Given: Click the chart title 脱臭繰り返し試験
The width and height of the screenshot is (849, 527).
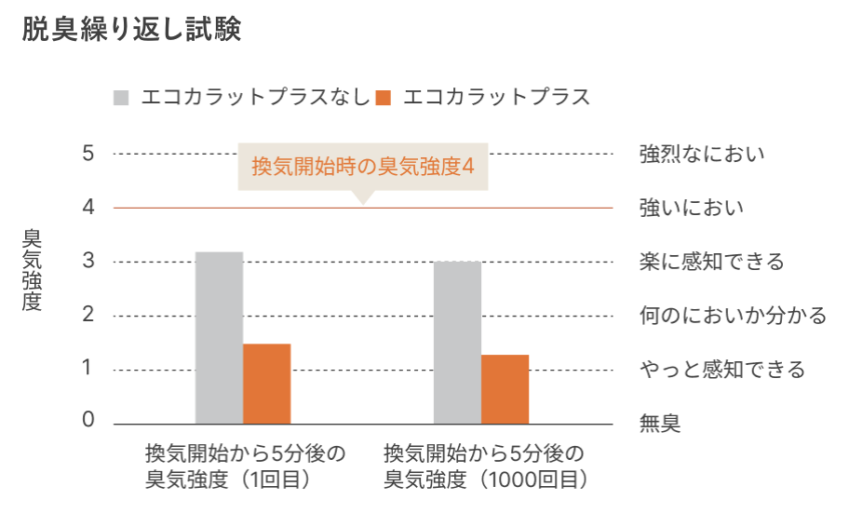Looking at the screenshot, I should tap(131, 30).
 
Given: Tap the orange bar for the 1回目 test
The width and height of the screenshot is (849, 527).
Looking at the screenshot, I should tap(267, 384).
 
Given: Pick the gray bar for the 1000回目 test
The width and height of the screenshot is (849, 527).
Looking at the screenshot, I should tap(457, 343).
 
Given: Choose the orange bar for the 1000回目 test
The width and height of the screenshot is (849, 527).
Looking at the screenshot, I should tap(505, 389).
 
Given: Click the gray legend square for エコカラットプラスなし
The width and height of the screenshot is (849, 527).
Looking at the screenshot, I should tap(121, 97).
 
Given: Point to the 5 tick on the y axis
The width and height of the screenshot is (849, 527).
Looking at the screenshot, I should tap(88, 153).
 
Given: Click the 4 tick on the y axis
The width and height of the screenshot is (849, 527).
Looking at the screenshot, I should tap(88, 207).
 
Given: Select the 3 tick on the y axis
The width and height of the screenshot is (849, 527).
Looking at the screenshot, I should tap(88, 262).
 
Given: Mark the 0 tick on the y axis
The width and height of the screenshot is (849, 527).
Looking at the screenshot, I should tap(88, 420).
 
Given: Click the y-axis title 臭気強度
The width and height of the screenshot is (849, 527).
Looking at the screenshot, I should tap(32, 270).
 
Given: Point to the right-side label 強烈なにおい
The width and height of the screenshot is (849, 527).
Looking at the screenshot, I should tap(702, 153).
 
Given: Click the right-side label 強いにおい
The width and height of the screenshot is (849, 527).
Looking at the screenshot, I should tap(692, 207).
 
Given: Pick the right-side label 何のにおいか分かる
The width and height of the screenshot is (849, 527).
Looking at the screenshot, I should tap(733, 316).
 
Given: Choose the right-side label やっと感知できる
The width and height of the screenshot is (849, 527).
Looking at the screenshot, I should tap(722, 370).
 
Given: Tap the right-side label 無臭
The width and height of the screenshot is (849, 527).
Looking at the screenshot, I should tap(660, 425).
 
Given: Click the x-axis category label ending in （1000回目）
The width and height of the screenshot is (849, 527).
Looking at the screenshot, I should tap(484, 467).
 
